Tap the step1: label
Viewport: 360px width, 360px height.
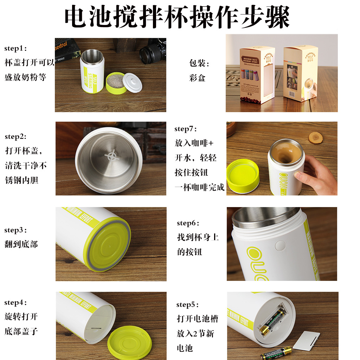pyautogui.click(x=15, y=49)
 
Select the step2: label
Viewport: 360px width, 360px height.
pyautogui.click(x=15, y=136)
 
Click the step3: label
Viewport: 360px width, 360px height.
pyautogui.click(x=15, y=230)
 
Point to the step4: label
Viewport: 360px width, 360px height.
pyautogui.click(x=15, y=302)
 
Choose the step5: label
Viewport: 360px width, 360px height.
pyautogui.click(x=188, y=304)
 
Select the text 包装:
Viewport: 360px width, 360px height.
pyautogui.click(x=199, y=63)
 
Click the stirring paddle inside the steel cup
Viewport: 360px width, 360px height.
pyautogui.click(x=112, y=156)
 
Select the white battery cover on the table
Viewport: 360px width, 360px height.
pyautogui.click(x=306, y=340)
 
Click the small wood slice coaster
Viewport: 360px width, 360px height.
pyautogui.click(x=315, y=137)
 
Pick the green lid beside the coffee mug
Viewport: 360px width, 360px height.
pyautogui.click(x=243, y=176)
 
